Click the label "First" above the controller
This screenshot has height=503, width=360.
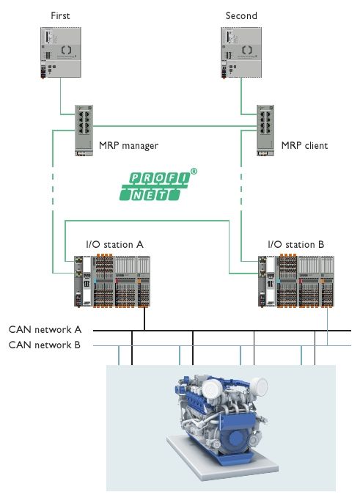coord(60,15)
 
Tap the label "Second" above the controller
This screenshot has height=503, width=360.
coord(241,15)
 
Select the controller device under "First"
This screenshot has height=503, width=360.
coord(61,53)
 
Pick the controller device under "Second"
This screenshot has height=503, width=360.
coord(241,53)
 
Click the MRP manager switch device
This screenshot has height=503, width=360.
coord(84,131)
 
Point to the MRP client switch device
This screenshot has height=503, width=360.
coord(265,131)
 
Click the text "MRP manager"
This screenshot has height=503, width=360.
coord(128,146)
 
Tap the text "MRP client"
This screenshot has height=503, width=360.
coord(304,146)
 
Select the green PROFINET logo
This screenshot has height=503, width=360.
coord(155,186)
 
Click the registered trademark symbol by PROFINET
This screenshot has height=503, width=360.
coord(194,172)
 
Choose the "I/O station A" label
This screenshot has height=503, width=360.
coord(114,244)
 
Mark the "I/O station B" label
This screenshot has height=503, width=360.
coord(295,244)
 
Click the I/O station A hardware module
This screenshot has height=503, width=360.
coord(112,281)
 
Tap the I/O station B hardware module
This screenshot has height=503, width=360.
coord(296,281)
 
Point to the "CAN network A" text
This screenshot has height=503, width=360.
coord(45,329)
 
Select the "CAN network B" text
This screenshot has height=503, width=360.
coord(44,345)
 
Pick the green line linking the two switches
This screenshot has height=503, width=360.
coord(175,126)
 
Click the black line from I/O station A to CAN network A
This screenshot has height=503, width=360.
coord(144,319)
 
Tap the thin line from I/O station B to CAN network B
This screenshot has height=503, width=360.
coord(327,326)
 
